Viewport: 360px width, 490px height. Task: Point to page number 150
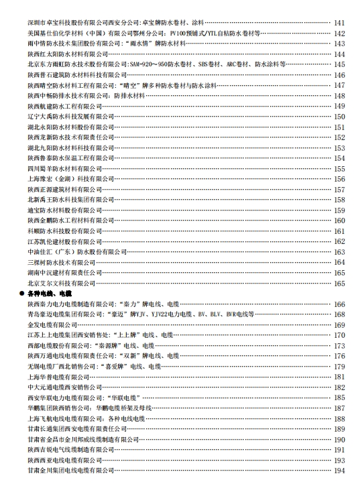click(339, 117)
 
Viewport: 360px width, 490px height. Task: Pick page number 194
click(339, 471)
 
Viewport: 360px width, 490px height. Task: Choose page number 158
click(339, 200)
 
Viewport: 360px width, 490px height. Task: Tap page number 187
click(339, 408)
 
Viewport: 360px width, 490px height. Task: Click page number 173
click(339, 345)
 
